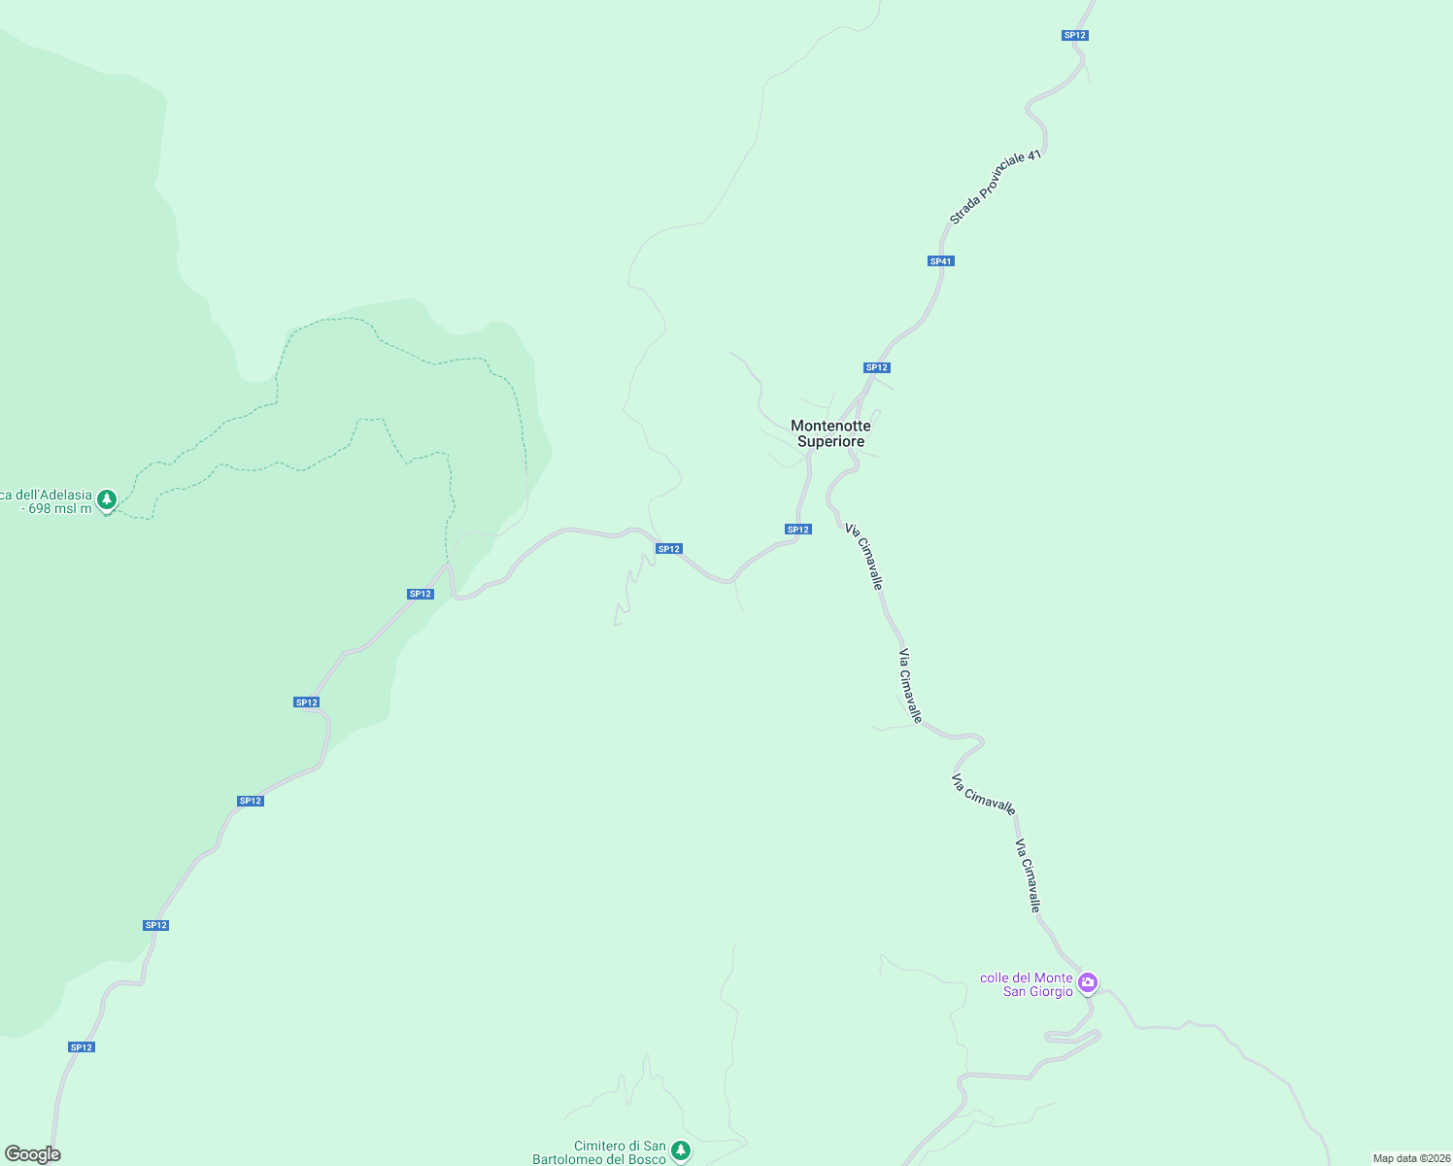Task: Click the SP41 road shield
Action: tap(940, 261)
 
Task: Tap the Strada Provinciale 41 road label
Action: tap(995, 188)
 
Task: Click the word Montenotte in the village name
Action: tap(830, 426)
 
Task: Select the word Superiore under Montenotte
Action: tap(830, 441)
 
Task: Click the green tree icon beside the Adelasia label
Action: tap(107, 499)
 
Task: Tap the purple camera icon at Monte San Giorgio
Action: tap(1088, 982)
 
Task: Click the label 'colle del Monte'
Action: tap(1026, 977)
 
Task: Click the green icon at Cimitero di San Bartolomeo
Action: tap(681, 1150)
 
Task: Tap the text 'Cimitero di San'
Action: tap(620, 1147)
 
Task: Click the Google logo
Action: tap(32, 1154)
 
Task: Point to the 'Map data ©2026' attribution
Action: tap(1410, 1158)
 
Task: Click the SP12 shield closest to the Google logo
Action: tap(82, 1047)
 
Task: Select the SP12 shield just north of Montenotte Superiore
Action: tap(876, 367)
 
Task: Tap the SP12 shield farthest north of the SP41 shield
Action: tap(1074, 35)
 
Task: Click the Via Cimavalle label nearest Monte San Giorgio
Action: tap(1029, 875)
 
